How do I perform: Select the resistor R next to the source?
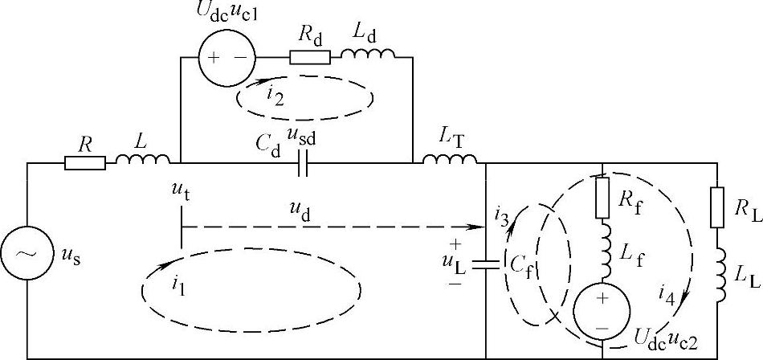click(84, 163)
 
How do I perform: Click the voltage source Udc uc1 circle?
click(226, 58)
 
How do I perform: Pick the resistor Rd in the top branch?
click(309, 58)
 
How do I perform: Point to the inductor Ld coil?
click(368, 55)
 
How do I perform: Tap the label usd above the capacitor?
click(303, 139)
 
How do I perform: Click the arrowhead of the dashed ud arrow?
click(481, 227)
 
